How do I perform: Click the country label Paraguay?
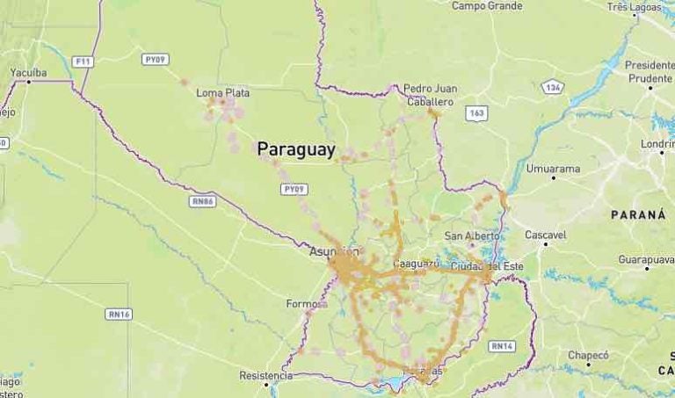tap(296, 150)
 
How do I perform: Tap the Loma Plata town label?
tap(222, 92)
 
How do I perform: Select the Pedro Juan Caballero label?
tap(430, 95)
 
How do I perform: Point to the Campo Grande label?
tap(486, 6)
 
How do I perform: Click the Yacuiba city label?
tap(28, 72)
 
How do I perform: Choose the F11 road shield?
tap(83, 62)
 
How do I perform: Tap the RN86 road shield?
tap(202, 201)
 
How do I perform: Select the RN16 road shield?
tap(119, 314)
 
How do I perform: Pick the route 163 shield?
tap(477, 113)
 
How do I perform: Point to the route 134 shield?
tap(553, 87)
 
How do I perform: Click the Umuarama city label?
tap(553, 168)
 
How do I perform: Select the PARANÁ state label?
tap(638, 214)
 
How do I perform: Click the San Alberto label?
tap(472, 235)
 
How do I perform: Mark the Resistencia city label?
tap(265, 375)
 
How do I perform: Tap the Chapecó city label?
tap(588, 355)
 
